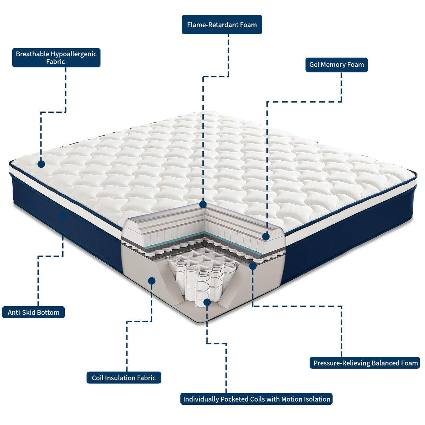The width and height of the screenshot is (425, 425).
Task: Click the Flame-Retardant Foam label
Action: pos(222,25)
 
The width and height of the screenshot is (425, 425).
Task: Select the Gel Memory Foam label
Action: pos(336,65)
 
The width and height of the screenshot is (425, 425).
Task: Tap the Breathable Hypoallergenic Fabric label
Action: pos(56,57)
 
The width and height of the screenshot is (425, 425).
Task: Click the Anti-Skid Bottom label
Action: pos(34,312)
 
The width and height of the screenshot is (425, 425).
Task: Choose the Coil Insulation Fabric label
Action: pos(124,378)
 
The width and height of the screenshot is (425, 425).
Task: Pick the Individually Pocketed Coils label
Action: pos(256,399)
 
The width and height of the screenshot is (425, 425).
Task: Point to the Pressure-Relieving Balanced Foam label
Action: pos(365,363)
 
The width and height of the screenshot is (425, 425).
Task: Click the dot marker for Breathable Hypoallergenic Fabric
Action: pos(41,164)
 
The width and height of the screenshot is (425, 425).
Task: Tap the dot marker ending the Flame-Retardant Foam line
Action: pos(203,204)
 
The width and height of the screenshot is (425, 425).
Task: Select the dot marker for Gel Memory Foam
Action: pos(266,237)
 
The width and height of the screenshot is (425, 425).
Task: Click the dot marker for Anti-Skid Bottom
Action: pos(63,216)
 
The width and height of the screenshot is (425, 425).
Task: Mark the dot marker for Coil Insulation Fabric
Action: pos(152,281)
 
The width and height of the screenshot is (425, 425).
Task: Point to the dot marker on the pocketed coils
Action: pos(207,302)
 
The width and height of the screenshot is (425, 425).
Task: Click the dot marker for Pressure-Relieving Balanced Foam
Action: pos(253,266)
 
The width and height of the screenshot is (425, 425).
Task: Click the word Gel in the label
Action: pos(314,65)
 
